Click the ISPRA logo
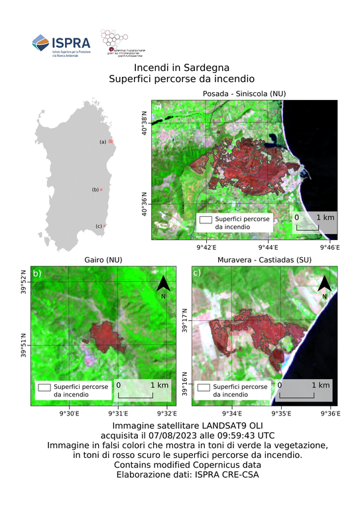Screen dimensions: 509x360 pos(61,44)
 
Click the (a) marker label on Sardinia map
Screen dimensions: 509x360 pos(103,142)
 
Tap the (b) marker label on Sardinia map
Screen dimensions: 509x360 pos(95,190)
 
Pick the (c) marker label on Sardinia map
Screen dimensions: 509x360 pos(99,227)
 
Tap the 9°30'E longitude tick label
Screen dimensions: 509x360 pos(70,414)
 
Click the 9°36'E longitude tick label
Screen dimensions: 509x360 pos(330,414)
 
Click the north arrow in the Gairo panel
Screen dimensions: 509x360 pos(164,286)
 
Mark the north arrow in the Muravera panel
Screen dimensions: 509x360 pos(324,286)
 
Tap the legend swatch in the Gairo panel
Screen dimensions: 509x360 pos(45,386)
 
